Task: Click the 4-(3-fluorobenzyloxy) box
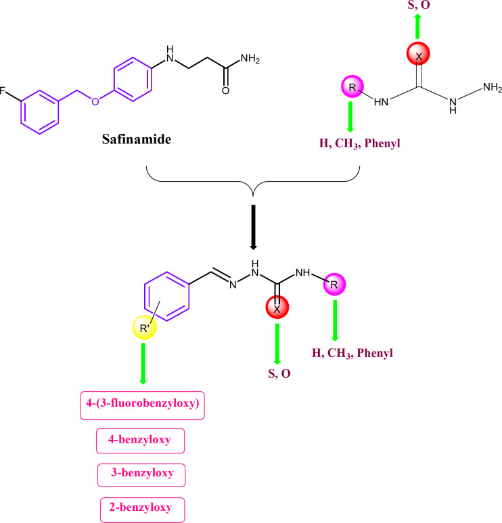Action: (x=143, y=407)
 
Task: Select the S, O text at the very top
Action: (x=419, y=7)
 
